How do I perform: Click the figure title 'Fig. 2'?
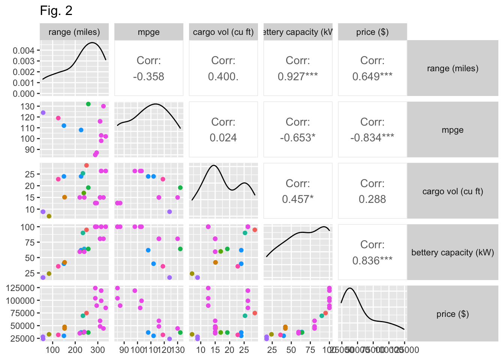pos(56,11)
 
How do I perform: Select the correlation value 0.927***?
pos(298,76)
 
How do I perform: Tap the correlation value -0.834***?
pos(372,138)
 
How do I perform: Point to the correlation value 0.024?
pos(223,138)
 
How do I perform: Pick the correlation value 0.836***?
pos(372,261)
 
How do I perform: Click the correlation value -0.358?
pos(148,76)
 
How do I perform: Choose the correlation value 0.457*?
pos(298,199)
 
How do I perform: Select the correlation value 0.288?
pos(372,199)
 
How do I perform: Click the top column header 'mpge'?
pos(148,32)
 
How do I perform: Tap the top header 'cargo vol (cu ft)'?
pos(223,32)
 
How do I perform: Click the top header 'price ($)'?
pos(372,32)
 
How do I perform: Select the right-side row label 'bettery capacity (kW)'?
pos(453,252)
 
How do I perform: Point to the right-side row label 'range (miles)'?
pos(453,68)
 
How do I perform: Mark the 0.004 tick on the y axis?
pos(24,50)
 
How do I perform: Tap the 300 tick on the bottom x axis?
pos(98,350)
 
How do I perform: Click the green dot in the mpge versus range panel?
pos(88,104)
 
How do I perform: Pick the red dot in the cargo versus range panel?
pos(86,165)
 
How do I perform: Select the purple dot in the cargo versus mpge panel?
pos(169,212)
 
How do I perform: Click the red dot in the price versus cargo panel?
pos(255,313)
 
